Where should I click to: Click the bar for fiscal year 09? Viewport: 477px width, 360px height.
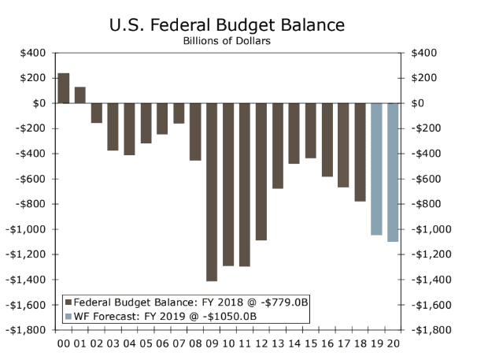pos(211,191)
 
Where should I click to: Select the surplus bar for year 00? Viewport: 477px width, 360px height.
pos(64,88)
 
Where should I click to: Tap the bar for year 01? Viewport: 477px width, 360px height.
pos(80,95)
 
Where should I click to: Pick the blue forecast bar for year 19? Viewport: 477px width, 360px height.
pos(376,169)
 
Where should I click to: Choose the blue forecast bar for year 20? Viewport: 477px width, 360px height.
pos(393,172)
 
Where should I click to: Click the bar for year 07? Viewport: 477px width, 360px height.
pos(179,113)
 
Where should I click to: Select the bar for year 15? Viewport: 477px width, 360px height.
pos(310,130)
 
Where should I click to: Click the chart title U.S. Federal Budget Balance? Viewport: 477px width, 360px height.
pos(227,25)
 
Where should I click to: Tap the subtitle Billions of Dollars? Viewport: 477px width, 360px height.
pos(227,41)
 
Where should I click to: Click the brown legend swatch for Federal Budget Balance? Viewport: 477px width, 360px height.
pos(68,302)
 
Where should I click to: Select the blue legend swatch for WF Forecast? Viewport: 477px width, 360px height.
pos(68,316)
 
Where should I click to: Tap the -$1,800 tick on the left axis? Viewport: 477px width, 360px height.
pos(29,330)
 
